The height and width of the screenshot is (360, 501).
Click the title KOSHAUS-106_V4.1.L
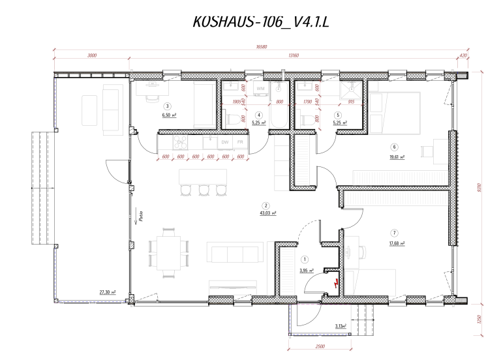pyautogui.click(x=264, y=22)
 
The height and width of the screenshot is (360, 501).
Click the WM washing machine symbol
pyautogui.click(x=260, y=87)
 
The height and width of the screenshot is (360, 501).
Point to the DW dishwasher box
pyautogui.click(x=225, y=142)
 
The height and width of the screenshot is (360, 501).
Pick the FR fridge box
pyautogui.click(x=241, y=142)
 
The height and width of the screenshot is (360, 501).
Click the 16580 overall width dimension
pyautogui.click(x=263, y=47)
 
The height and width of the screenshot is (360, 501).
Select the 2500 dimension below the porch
pyautogui.click(x=320, y=346)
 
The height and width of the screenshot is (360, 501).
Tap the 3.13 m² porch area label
pyautogui.click(x=341, y=325)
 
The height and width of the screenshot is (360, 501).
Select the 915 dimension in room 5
pyautogui.click(x=351, y=102)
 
